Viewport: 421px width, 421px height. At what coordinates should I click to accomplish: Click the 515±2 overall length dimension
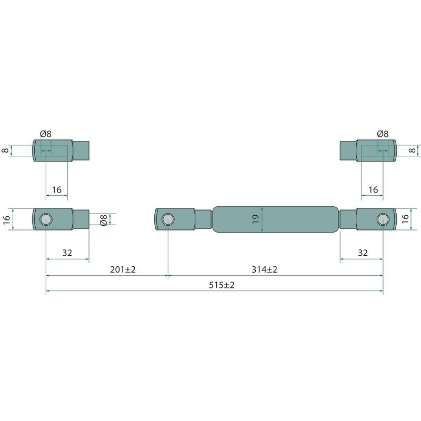coord(222,285)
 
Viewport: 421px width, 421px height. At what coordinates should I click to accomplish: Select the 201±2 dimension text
coord(123,269)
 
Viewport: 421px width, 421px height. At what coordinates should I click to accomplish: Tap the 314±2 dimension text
coord(264,269)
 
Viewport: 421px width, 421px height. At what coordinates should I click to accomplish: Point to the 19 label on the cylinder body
coord(256,219)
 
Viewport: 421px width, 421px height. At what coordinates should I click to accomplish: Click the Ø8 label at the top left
coord(46,134)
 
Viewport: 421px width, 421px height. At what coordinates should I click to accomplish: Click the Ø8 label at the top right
coord(383,134)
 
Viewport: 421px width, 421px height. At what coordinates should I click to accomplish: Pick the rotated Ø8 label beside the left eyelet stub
coord(103,219)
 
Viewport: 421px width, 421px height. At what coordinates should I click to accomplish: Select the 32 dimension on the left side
coord(67,253)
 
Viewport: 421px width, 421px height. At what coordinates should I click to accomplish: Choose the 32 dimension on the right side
coord(363,253)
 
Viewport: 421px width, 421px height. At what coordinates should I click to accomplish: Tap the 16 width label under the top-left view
coord(57,190)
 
